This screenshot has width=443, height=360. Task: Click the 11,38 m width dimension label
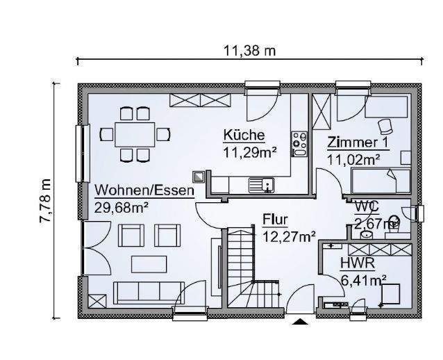[248, 51]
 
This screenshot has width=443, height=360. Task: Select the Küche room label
[243, 135]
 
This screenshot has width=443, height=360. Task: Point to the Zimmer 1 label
[358, 144]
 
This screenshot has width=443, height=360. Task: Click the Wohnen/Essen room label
[144, 190]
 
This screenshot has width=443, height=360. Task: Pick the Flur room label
[275, 221]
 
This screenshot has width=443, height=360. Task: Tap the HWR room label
[358, 264]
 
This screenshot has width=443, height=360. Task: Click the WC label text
[366, 206]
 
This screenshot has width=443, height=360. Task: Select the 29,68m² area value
[122, 206]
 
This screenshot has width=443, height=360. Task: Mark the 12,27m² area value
[289, 236]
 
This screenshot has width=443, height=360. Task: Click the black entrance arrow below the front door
[301, 322]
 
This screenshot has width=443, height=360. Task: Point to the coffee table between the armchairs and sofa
[148, 263]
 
